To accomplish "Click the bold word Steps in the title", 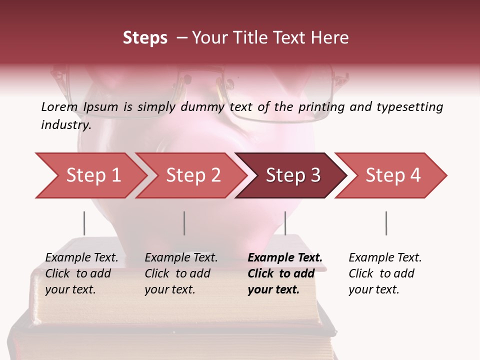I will (x=145, y=38).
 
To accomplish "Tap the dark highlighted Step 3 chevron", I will (x=293, y=175).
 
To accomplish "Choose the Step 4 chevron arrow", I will (x=393, y=175).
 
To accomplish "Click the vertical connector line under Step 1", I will (x=84, y=223).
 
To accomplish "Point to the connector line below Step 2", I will (x=184, y=223).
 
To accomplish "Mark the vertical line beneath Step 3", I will (x=285, y=223).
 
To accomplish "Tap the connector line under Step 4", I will (x=386, y=223).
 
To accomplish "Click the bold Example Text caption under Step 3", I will (x=285, y=273).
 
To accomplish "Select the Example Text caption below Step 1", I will (x=82, y=273).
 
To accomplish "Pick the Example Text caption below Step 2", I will (x=181, y=273).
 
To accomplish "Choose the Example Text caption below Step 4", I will (x=385, y=273).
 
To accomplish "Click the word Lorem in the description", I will (x=59, y=106).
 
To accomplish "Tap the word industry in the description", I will (x=66, y=125).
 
